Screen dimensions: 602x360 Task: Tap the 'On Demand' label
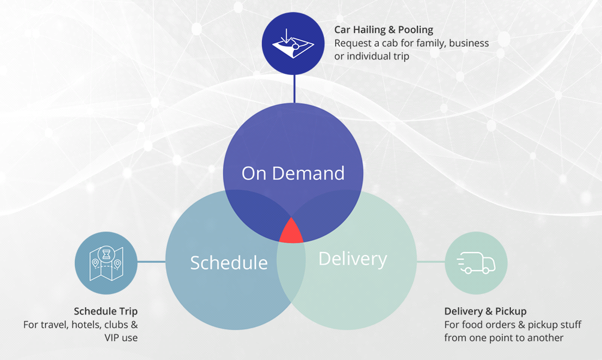point(293,173)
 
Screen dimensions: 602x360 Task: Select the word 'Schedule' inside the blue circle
point(229,263)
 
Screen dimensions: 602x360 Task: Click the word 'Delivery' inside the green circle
point(353,259)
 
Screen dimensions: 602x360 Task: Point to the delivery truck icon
point(476,263)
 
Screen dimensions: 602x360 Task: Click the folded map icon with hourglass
point(106,263)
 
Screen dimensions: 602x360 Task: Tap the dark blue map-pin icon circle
point(293,43)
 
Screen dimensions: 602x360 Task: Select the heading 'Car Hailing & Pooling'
point(384,29)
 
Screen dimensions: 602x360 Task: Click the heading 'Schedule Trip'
point(106,311)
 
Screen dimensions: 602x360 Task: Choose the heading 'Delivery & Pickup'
point(485,311)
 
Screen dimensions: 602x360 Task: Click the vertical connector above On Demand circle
point(294,89)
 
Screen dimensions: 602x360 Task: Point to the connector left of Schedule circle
point(151,262)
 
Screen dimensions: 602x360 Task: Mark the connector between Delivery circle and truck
point(431,262)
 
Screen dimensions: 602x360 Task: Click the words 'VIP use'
point(121,338)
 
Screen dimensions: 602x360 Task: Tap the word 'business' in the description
point(469,43)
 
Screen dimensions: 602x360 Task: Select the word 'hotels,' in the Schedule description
point(86,325)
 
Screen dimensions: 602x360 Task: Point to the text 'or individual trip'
point(372,56)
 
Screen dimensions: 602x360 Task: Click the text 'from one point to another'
point(504,338)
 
